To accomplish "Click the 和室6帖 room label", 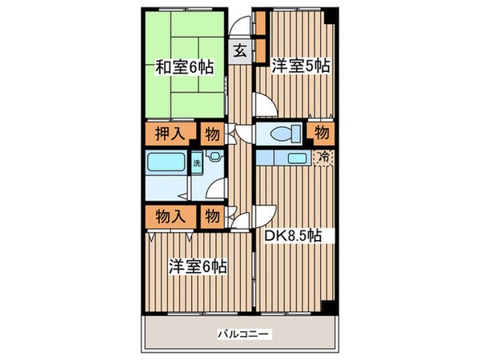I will [x=184, y=68].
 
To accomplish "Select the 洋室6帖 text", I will [x=197, y=266].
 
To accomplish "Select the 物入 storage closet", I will [x=166, y=214].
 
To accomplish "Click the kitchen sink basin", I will [x=298, y=158].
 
